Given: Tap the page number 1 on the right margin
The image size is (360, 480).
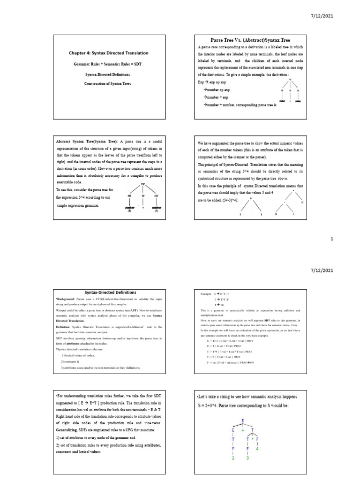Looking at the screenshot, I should [x=331, y=239].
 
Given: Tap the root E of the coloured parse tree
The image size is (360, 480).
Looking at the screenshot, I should [x=242, y=420].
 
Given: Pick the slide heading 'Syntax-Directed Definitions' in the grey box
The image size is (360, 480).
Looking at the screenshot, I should [x=105, y=292].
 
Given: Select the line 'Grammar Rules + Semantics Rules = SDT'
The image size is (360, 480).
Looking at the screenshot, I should [x=105, y=64].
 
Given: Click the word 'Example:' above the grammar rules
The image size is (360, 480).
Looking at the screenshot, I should [x=206, y=293].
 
